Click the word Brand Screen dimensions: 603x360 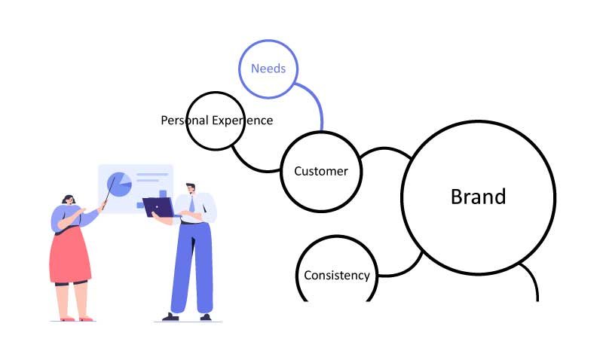[478, 197]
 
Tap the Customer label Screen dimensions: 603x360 [321, 171]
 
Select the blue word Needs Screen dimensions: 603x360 [268, 69]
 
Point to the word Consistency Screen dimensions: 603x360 [337, 275]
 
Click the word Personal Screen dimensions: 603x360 [185, 121]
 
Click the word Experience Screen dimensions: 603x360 [243, 121]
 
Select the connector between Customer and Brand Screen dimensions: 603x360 [385, 148]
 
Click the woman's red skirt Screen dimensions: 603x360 [70, 255]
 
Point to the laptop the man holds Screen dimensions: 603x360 [158, 207]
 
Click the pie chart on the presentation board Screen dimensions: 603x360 [119, 185]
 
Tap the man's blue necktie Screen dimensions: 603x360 [191, 203]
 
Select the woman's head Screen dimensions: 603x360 [69, 200]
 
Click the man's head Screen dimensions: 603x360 [191, 188]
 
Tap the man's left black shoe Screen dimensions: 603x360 [170, 317]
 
